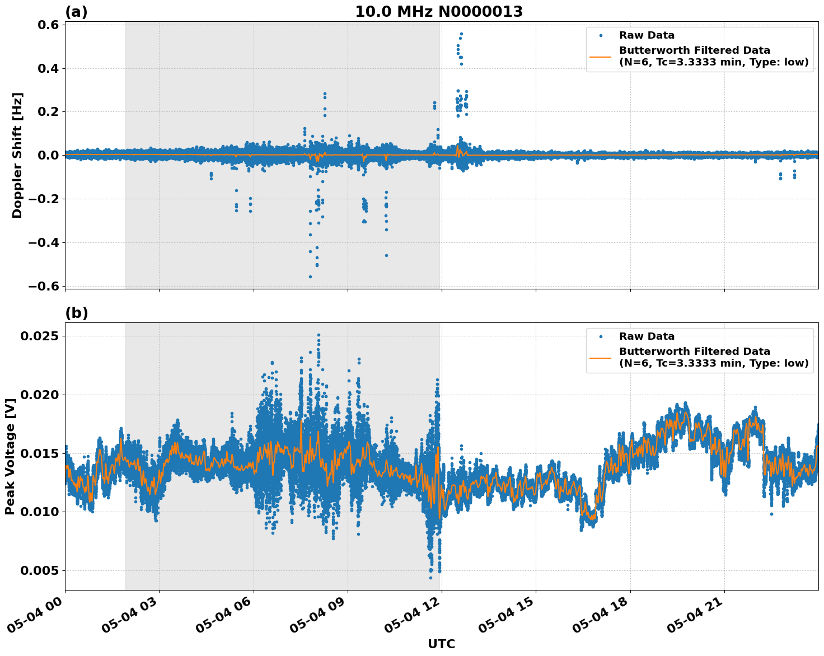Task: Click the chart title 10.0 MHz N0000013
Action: click(439, 12)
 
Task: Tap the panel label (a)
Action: click(76, 12)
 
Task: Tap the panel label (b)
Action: click(76, 313)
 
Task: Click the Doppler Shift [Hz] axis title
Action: click(17, 155)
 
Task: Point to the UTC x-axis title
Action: click(441, 644)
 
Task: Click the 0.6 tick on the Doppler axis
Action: click(48, 25)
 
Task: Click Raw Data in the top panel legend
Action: click(647, 35)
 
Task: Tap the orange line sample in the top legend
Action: click(601, 56)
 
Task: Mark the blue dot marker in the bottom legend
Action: click(601, 336)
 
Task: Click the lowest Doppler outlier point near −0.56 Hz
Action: click(310, 277)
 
